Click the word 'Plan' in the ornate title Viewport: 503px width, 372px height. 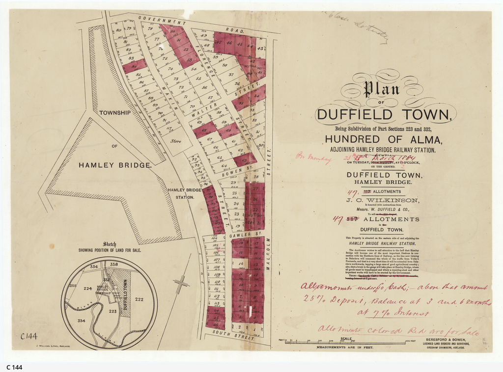pyautogui.click(x=374, y=89)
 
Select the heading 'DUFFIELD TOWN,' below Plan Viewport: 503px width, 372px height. pyautogui.click(x=383, y=115)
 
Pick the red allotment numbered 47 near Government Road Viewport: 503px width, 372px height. pyautogui.click(x=218, y=43)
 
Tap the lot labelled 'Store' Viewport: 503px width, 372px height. pyautogui.click(x=175, y=141)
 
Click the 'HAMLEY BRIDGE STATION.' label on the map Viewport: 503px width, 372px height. pyautogui.click(x=184, y=193)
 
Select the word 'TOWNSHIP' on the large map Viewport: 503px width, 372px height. pyautogui.click(x=115, y=112)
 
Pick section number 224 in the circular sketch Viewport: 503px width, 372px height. pyautogui.click(x=88, y=289)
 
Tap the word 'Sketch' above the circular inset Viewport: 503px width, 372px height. pyautogui.click(x=109, y=244)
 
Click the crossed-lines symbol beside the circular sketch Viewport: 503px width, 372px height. pyautogui.click(x=181, y=284)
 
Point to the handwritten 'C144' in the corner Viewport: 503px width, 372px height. pyautogui.click(x=30, y=336)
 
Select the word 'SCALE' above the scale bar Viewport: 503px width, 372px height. pyautogui.click(x=346, y=339)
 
